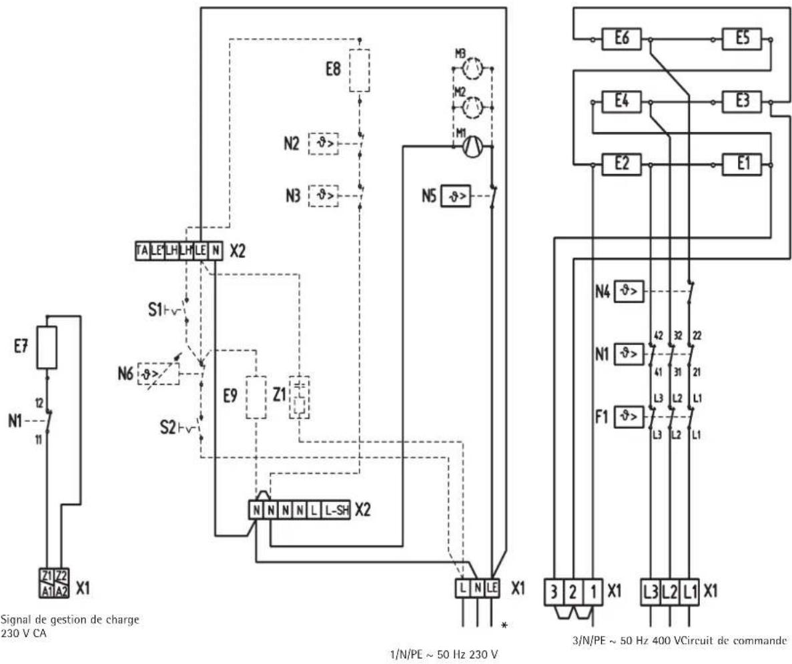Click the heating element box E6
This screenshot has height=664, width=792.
tap(620, 39)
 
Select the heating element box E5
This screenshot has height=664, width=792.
tap(743, 39)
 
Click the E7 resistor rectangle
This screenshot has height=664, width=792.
tap(47, 348)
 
